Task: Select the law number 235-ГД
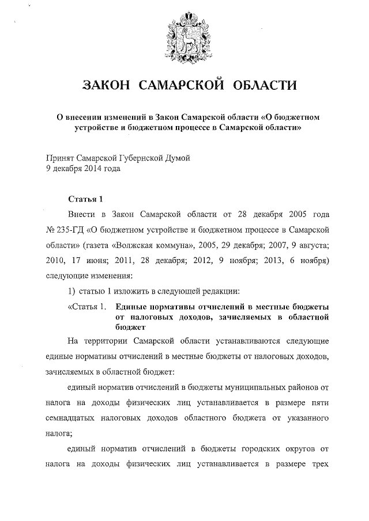[x=70, y=229]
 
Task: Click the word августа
[x=312, y=244]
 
